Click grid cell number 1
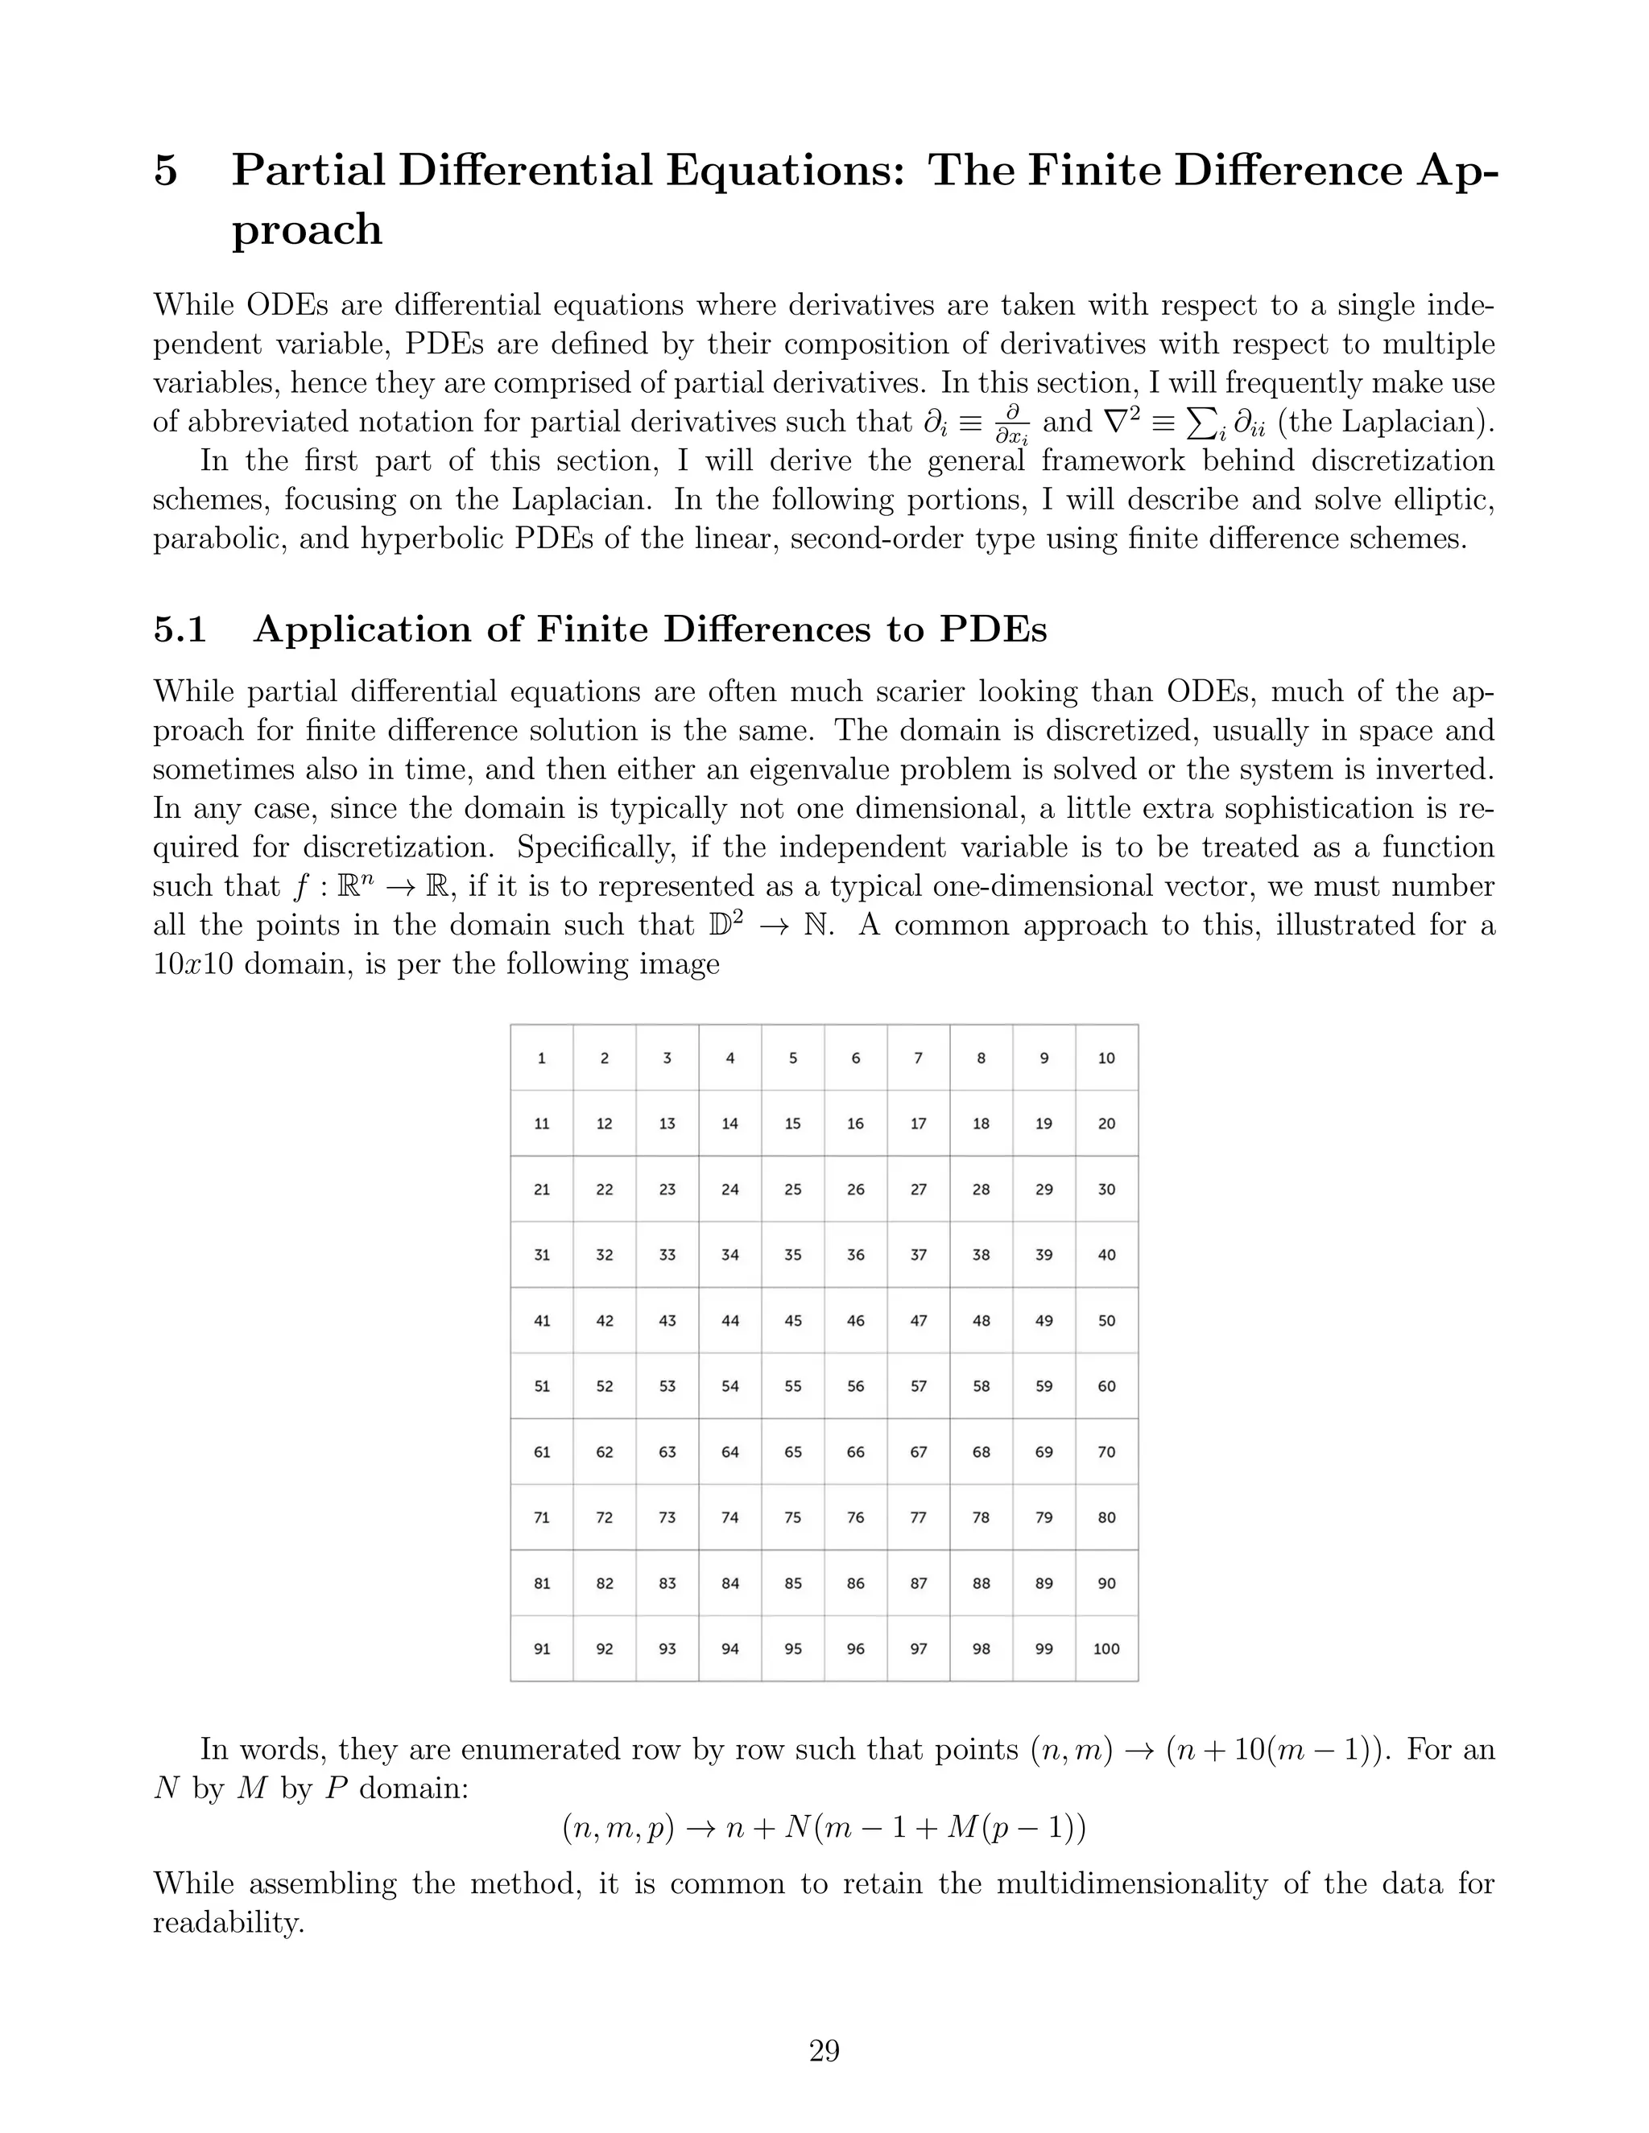coord(541,1058)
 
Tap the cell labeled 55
coord(792,1386)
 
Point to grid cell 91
coord(541,1648)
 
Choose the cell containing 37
coord(918,1255)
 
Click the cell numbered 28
coord(981,1190)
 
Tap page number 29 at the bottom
coord(824,2051)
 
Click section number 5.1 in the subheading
coord(180,630)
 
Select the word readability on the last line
coord(228,1923)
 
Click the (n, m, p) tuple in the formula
coord(618,1827)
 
